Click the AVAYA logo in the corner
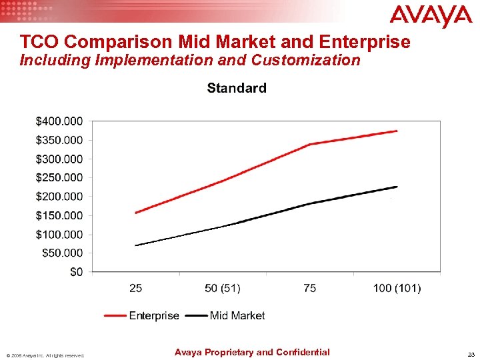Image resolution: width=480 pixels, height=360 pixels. [430, 17]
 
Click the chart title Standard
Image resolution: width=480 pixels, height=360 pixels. [237, 88]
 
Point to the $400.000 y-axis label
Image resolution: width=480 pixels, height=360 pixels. [59, 121]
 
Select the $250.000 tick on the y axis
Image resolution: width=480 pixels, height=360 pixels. [59, 177]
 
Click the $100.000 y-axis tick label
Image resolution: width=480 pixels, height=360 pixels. [59, 234]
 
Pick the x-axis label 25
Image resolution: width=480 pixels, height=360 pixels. [135, 288]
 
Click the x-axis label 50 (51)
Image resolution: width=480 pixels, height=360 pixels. [222, 288]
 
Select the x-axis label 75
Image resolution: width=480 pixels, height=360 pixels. [309, 288]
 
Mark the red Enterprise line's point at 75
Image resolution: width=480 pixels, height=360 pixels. [310, 144]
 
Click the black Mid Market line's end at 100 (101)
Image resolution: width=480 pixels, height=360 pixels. [397, 187]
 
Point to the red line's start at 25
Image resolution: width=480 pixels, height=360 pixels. [135, 213]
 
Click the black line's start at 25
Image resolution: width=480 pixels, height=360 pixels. [135, 245]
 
